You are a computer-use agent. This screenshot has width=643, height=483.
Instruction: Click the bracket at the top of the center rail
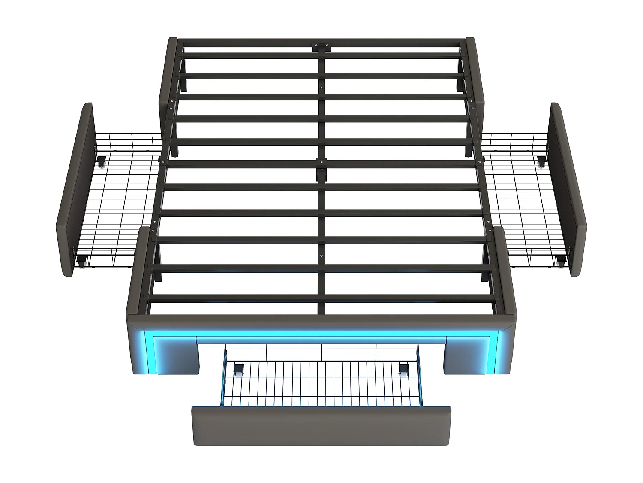321,46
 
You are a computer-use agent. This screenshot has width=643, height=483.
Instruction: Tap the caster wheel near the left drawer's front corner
81,260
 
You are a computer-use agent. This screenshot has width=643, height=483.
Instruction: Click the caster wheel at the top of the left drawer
102,163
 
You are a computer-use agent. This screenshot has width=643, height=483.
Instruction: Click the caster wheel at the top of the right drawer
541,163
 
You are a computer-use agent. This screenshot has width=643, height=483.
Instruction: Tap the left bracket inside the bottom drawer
238,369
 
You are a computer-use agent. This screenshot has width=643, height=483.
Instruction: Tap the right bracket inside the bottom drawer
403,369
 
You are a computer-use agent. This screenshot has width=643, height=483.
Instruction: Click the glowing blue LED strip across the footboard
321,334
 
